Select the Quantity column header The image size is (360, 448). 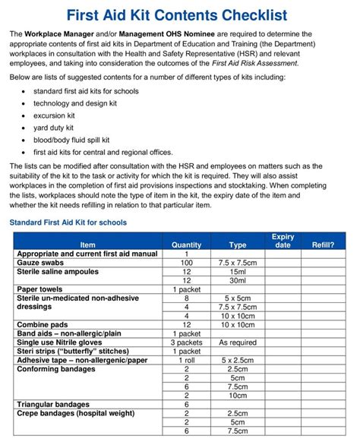186,245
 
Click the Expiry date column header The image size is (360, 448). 282,241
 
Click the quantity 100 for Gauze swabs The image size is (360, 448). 186,262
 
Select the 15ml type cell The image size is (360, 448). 237,271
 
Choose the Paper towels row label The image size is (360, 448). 43,289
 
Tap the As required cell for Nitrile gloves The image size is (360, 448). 237,342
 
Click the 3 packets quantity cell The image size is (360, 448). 186,342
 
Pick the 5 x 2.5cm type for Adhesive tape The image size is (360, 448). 237,360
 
